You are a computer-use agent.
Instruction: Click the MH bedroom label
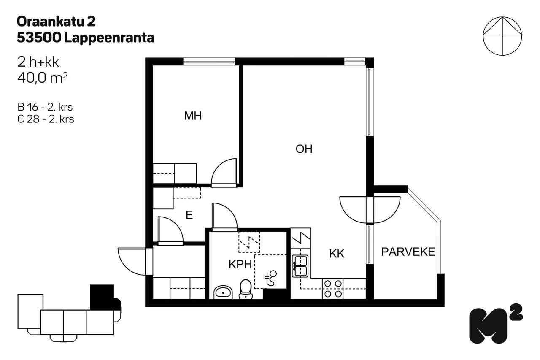pos(193,116)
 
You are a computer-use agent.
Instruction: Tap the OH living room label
pos(304,149)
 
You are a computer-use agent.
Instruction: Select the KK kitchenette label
pos(337,254)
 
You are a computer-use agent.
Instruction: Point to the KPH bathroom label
pos(240,265)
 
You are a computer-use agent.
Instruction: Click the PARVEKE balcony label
pos(408,252)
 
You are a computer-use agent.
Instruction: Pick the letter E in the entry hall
pos(189,215)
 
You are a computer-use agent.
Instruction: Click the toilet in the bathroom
pos(246,289)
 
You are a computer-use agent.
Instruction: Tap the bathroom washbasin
pos(223,292)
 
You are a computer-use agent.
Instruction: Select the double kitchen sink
pos(300,266)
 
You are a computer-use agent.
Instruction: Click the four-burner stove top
pos(333,289)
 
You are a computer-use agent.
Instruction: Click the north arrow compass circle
pos(502,36)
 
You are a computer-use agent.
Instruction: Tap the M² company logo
pos(496,324)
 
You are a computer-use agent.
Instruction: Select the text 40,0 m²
pos(42,78)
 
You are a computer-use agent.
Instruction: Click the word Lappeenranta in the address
pos(109,38)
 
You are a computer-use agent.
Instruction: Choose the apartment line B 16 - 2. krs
pos(45,107)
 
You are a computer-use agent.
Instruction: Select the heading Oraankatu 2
pos(56,22)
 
